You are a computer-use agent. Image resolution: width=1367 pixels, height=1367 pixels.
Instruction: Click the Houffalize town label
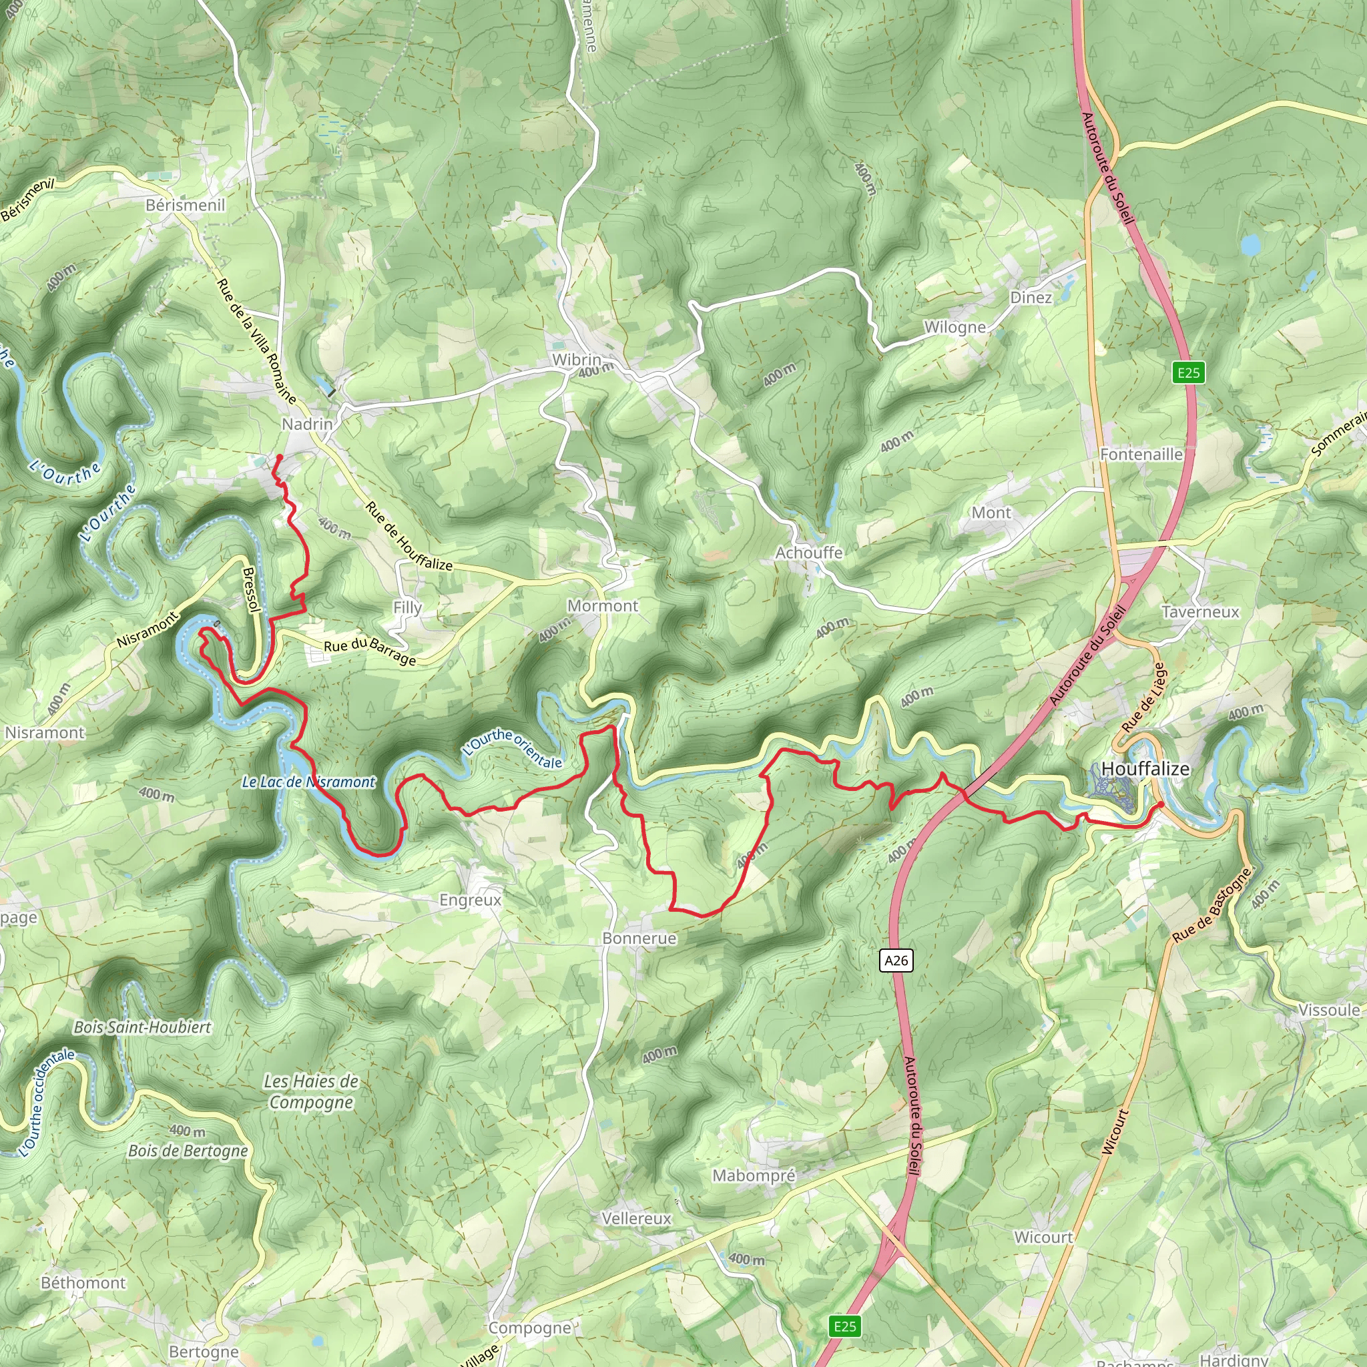click(1145, 768)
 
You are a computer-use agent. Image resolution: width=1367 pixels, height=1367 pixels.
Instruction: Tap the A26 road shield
click(896, 960)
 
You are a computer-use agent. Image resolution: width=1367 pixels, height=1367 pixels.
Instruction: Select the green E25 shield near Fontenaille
click(1188, 372)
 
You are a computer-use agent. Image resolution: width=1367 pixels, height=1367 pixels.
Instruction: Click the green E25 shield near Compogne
click(845, 1326)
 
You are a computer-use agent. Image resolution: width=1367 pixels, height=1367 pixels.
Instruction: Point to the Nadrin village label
click(307, 424)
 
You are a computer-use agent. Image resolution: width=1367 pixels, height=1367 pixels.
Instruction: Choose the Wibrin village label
click(577, 360)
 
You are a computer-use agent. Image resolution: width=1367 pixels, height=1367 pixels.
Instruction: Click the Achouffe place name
click(809, 553)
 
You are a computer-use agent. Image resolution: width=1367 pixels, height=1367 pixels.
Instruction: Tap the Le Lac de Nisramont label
click(308, 782)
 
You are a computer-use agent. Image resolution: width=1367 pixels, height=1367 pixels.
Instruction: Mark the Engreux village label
click(470, 900)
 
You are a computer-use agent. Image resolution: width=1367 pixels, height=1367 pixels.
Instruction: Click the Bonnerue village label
click(639, 938)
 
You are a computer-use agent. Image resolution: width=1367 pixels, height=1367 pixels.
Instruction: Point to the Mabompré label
click(754, 1175)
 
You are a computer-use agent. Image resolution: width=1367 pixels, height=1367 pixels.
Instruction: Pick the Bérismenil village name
click(186, 205)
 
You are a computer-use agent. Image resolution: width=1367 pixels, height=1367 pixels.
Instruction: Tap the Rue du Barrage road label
click(369, 651)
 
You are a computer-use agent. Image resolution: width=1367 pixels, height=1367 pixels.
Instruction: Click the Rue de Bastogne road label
click(1211, 905)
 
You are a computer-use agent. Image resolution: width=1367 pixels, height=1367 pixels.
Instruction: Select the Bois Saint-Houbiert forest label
click(142, 1027)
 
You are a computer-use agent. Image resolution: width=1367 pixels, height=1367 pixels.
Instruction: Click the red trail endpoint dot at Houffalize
click(1161, 804)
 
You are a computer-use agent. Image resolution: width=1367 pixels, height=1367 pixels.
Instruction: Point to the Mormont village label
click(602, 605)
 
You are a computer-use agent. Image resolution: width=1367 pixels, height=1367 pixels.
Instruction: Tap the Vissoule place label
click(1329, 1011)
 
